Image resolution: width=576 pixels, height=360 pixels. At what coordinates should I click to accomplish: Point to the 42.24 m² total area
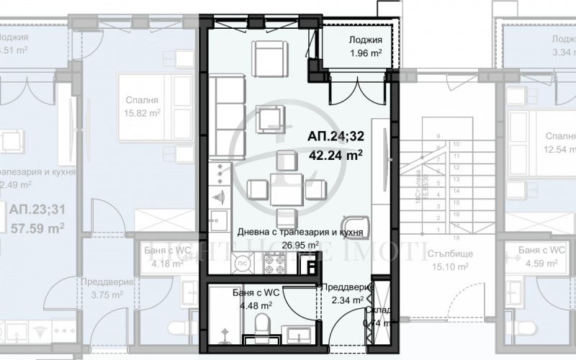pos(335,153)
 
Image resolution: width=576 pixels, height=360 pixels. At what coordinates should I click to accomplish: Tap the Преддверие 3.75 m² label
pos(104,288)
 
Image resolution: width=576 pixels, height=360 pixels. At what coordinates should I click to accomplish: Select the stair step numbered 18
pos(456,235)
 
